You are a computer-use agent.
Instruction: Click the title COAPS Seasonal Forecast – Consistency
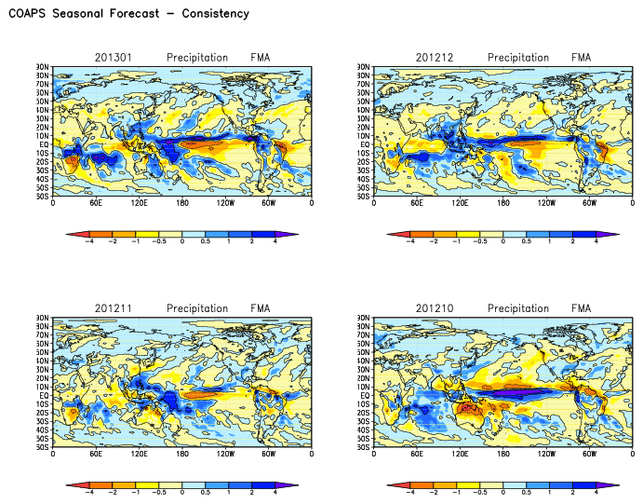point(128,14)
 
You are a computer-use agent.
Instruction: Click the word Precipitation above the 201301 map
point(197,58)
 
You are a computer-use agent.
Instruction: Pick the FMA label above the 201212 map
point(582,58)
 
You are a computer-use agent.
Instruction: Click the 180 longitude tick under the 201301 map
point(181,202)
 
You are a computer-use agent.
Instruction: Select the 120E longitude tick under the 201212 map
point(460,202)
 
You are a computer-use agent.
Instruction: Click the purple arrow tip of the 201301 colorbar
point(292,236)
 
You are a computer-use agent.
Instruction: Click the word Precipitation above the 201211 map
point(197,308)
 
